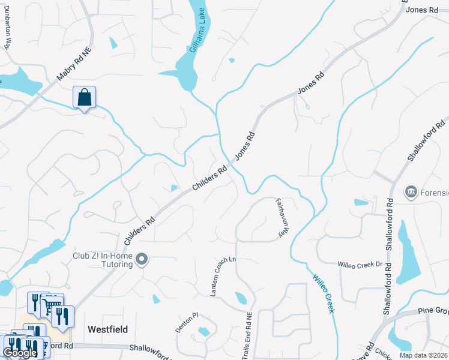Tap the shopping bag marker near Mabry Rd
click(85, 98)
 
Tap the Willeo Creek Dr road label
click(360, 264)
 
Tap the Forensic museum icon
click(412, 192)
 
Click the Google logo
click(20, 353)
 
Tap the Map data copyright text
click(423, 355)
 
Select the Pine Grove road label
click(433, 311)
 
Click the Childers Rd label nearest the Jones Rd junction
click(209, 179)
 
